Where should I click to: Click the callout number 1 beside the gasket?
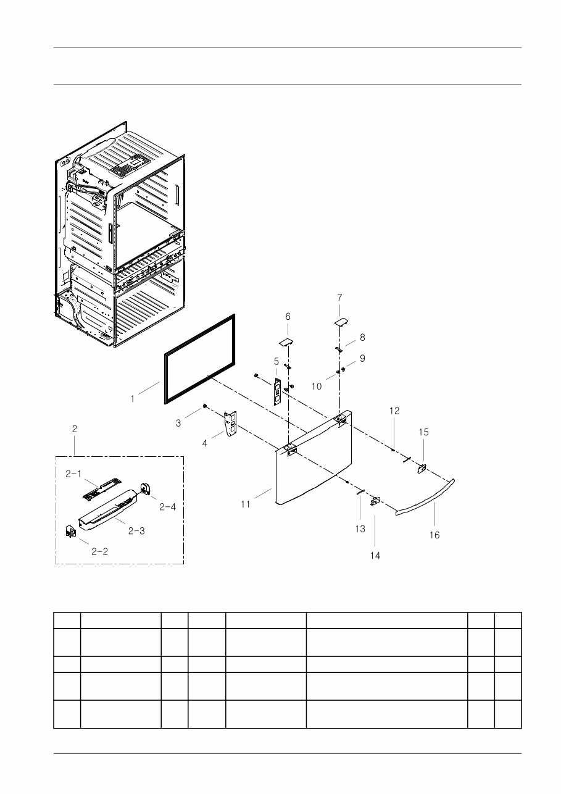(133, 399)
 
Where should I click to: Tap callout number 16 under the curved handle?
(434, 535)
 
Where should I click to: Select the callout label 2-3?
(136, 531)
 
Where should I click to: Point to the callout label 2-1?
(73, 474)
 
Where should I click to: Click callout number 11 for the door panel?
(246, 504)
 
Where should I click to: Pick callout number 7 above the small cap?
(339, 298)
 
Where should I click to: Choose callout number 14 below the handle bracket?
(375, 556)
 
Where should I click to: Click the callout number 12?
(394, 411)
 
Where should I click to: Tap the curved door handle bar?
(425, 497)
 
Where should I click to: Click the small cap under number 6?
(286, 343)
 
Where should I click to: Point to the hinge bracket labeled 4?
(230, 424)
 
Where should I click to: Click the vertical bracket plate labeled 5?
(277, 391)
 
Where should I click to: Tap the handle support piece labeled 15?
(422, 469)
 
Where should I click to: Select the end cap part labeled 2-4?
(145, 488)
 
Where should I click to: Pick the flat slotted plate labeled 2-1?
(101, 489)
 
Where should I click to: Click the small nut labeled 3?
(204, 406)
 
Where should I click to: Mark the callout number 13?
(360, 529)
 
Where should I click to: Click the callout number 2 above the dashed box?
(75, 429)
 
